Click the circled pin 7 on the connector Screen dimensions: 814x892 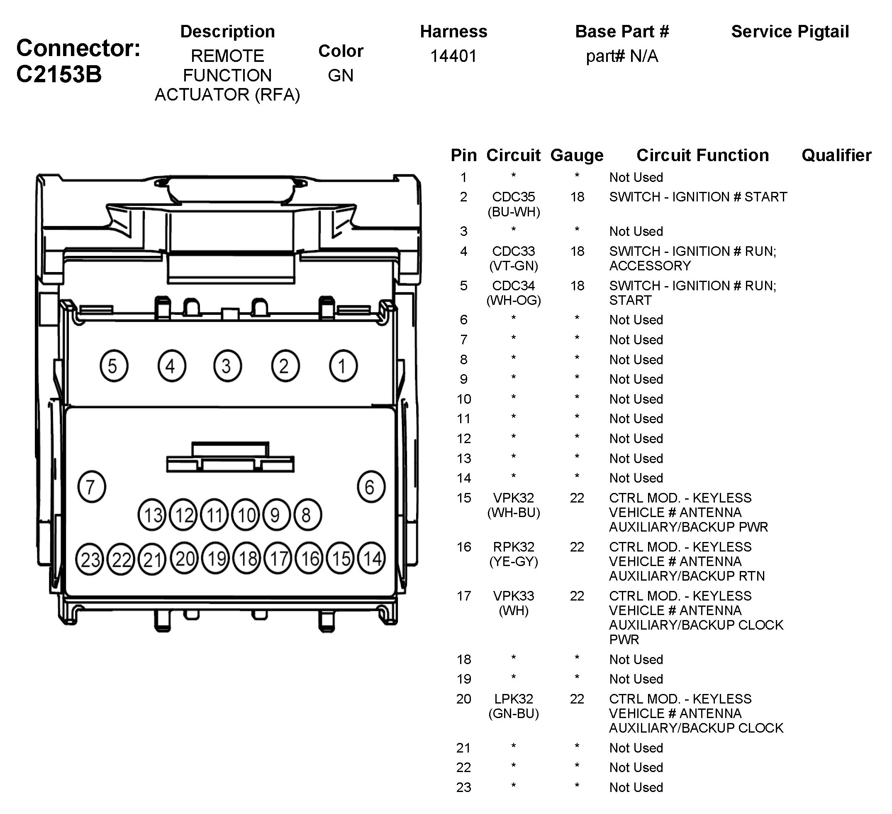click(x=92, y=487)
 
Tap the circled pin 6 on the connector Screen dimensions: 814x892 click(x=371, y=487)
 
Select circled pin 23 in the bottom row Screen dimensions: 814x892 click(x=90, y=559)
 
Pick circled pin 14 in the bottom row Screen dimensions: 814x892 click(x=372, y=559)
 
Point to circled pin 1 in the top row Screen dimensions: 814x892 click(x=343, y=366)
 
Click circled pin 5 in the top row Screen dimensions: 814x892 click(x=114, y=366)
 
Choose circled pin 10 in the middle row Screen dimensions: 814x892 click(x=246, y=515)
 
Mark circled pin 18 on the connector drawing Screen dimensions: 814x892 click(x=247, y=559)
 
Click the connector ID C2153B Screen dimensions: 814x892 click(x=59, y=74)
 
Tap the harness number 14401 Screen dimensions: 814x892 click(x=453, y=56)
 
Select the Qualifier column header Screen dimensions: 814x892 click(x=836, y=155)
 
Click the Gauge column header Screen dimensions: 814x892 click(x=577, y=155)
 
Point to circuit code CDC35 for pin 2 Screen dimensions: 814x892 click(x=513, y=196)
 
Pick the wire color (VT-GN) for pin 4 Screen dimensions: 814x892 click(x=513, y=266)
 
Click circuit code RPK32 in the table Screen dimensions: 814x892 click(x=513, y=547)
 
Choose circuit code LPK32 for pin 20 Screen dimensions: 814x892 click(x=513, y=699)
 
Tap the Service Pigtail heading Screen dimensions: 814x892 click(x=790, y=32)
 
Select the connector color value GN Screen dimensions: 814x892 click(x=340, y=76)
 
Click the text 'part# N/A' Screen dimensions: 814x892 click(x=621, y=56)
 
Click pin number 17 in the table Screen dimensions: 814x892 click(x=463, y=596)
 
